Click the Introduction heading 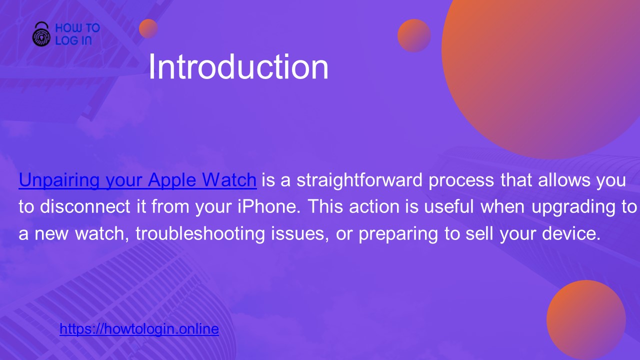[x=238, y=67]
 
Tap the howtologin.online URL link [x=139, y=329]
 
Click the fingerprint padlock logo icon [x=41, y=34]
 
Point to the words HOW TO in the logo [x=77, y=28]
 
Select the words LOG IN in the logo [x=73, y=41]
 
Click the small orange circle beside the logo [x=148, y=28]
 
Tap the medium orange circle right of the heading [x=414, y=35]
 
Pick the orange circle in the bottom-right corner [x=586, y=319]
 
